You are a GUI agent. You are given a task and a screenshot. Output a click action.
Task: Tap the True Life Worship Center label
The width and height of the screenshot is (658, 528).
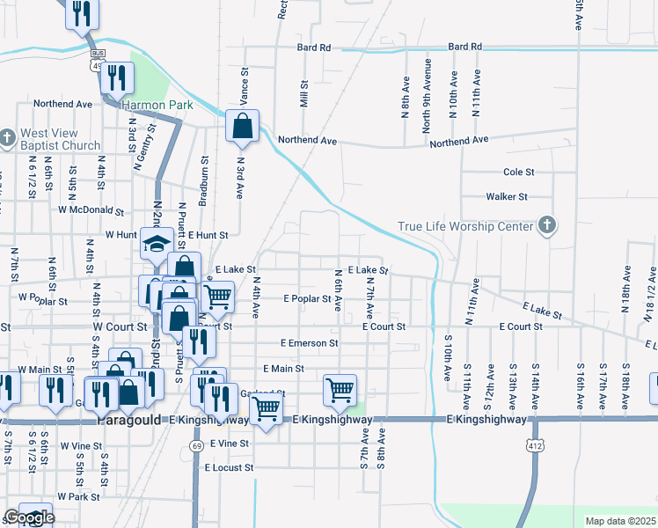(x=465, y=226)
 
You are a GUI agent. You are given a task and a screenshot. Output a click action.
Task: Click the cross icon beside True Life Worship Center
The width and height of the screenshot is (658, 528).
(x=546, y=225)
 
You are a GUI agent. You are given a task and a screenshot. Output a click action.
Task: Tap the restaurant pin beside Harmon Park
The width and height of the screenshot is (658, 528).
(x=116, y=77)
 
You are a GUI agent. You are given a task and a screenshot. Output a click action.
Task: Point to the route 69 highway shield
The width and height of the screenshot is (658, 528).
(x=197, y=446)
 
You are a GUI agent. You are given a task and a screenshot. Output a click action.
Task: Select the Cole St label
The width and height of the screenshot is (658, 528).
(x=518, y=172)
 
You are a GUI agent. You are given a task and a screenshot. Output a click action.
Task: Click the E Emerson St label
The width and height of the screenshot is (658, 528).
(x=309, y=342)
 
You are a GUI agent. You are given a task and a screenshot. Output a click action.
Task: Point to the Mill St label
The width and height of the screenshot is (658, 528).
(x=303, y=95)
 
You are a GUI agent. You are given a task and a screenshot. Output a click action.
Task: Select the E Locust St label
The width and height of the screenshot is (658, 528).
(x=229, y=468)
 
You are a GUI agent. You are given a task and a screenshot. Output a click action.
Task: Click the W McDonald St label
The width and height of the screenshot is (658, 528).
(x=91, y=210)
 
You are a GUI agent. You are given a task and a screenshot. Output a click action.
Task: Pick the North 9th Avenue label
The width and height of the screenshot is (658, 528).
(x=427, y=94)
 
